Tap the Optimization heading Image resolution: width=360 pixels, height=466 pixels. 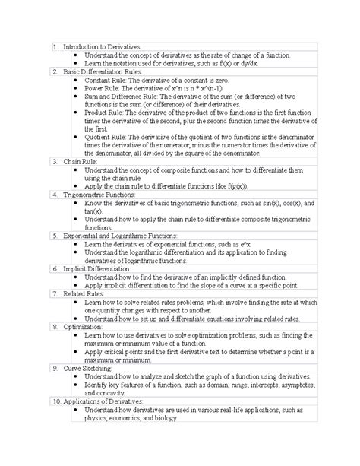(84, 326)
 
